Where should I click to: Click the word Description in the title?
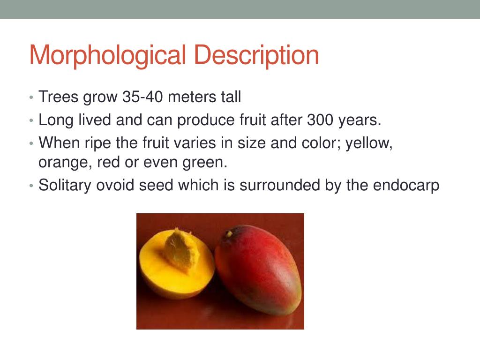point(256,55)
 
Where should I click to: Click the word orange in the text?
point(65,164)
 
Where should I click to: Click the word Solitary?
point(65,186)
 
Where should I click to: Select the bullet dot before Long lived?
point(30,121)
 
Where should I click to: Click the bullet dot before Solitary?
point(30,186)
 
